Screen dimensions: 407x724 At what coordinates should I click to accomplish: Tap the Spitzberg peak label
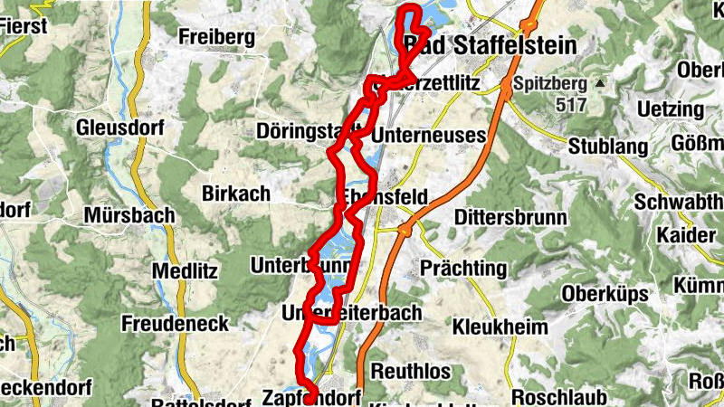[x=549, y=85]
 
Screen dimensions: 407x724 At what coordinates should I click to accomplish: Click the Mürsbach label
[x=122, y=216]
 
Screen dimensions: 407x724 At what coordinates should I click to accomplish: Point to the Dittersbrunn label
[x=510, y=218]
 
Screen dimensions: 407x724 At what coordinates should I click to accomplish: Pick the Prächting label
[x=462, y=269]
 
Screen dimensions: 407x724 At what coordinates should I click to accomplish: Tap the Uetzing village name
[x=670, y=109]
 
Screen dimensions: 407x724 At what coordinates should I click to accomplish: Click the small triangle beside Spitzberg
[x=598, y=84]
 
